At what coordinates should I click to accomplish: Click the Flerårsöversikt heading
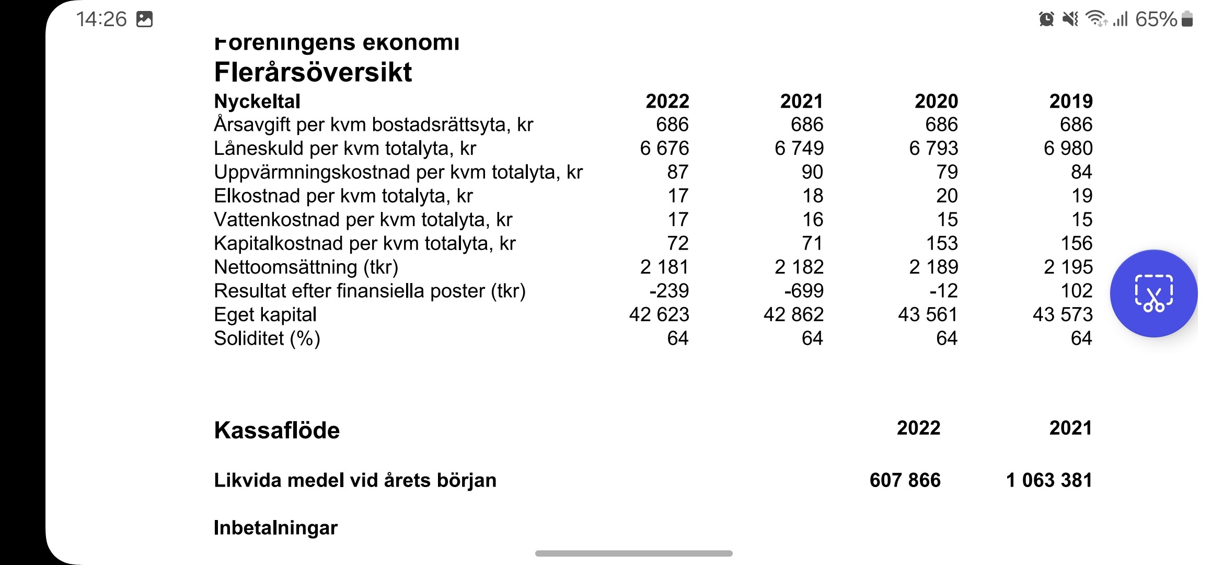point(313,72)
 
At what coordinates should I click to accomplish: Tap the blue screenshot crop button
point(1153,293)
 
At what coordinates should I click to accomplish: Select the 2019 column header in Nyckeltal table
point(1070,101)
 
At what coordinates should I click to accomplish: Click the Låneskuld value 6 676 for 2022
point(664,149)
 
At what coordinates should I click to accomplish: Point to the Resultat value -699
point(803,291)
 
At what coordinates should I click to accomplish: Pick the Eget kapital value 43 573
point(1063,314)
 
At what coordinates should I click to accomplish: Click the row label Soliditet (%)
point(267,338)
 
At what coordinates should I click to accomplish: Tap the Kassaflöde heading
point(276,430)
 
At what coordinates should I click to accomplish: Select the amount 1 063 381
point(1049,480)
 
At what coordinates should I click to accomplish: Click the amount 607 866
point(905,480)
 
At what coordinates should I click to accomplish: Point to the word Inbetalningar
point(275,528)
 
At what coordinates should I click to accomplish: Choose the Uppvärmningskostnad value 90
point(812,172)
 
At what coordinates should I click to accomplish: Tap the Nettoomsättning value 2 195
point(1068,267)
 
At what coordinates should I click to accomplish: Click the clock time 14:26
point(101,19)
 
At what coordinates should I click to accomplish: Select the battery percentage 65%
point(1156,19)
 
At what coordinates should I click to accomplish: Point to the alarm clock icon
point(1046,19)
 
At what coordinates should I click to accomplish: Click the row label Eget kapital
point(265,315)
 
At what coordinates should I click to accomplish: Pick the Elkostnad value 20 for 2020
point(947,196)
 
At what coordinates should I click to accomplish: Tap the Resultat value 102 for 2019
point(1077,291)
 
